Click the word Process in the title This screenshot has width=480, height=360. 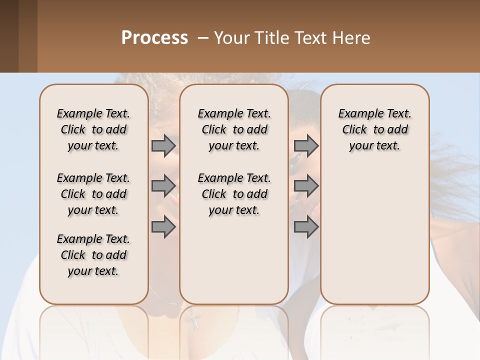tap(154, 38)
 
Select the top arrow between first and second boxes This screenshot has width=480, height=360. tap(163, 145)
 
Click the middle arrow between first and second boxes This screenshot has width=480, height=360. tap(163, 186)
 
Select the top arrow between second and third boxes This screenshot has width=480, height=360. tap(306, 145)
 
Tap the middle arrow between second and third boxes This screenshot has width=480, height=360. tap(306, 186)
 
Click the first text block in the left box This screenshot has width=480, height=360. tap(93, 129)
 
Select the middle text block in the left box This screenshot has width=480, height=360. tap(93, 194)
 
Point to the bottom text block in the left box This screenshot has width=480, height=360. tap(93, 255)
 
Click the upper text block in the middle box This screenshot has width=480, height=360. tap(234, 129)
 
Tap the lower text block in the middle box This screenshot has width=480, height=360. tap(234, 194)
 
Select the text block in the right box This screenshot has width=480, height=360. tap(375, 129)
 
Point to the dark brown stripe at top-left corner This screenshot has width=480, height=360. tap(9, 36)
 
